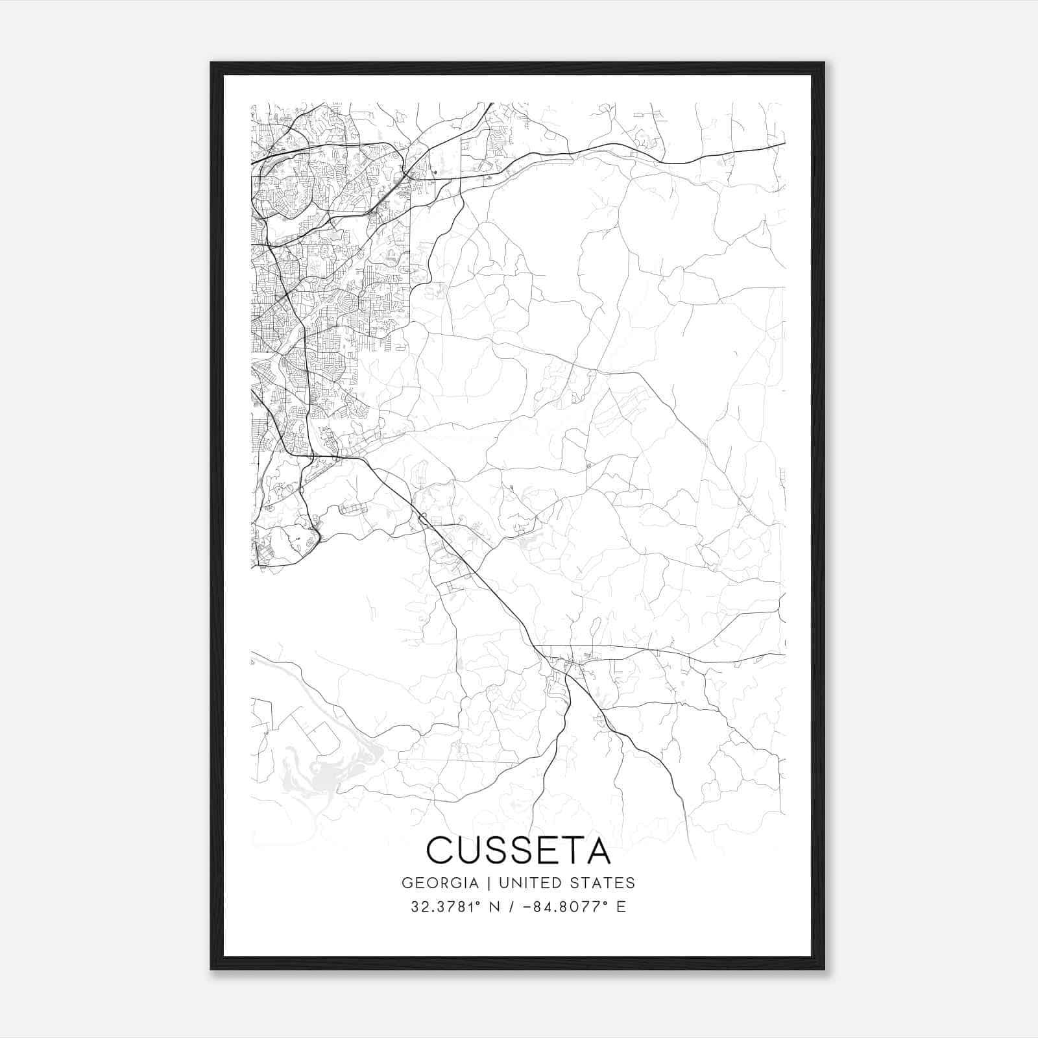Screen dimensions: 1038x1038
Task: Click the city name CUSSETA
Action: pos(518,851)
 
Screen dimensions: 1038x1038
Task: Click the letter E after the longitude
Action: pos(622,907)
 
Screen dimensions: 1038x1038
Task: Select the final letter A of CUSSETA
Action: pos(597,851)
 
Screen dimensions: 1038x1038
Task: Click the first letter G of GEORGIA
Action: pos(407,883)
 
